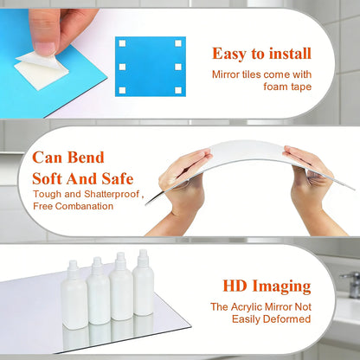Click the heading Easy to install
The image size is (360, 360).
pos(262,55)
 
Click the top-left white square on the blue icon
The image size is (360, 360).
pos(123,42)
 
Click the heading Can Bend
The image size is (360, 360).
pos(68,158)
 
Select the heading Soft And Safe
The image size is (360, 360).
pos(83,179)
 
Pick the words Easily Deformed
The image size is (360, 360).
pos(270,319)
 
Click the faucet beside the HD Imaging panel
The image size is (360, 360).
pos(351,282)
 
